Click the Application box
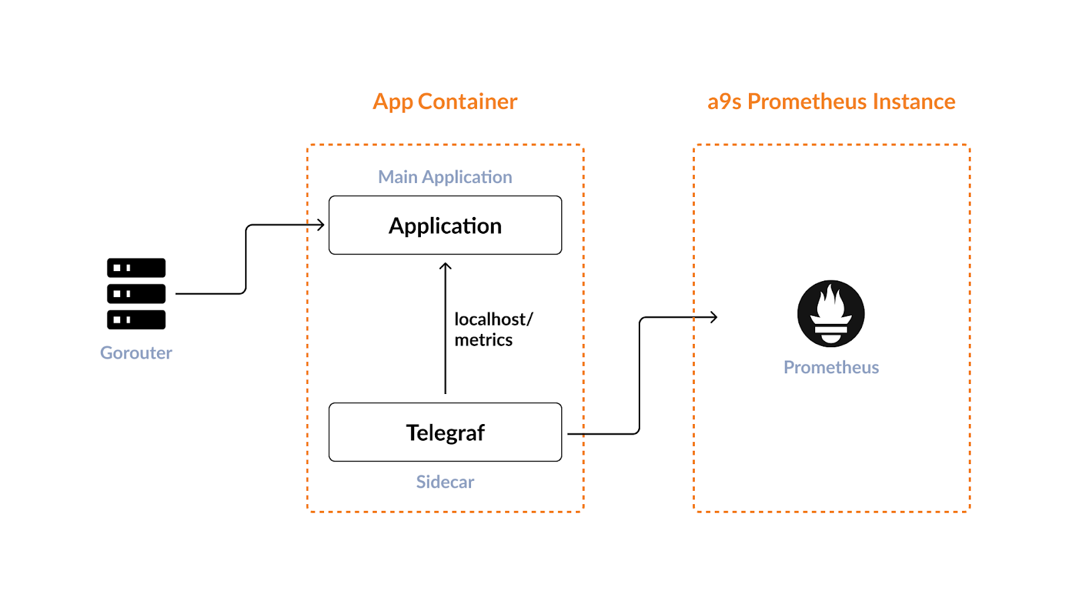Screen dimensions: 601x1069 [445, 225]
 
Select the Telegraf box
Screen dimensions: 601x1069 [445, 432]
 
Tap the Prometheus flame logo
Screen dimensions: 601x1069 [830, 313]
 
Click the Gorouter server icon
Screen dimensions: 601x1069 [136, 294]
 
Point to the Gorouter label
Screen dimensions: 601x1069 [136, 353]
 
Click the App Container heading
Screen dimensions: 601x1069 [445, 102]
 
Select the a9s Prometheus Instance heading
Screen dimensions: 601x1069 [831, 102]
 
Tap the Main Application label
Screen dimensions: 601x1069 [445, 177]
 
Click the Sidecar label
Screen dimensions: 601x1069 [445, 482]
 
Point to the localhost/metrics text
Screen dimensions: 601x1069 [493, 329]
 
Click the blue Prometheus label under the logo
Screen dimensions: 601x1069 [831, 367]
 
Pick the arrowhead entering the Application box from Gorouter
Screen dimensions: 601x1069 [321, 225]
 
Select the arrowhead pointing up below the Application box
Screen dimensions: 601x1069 [446, 266]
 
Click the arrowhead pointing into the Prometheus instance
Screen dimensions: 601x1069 [714, 317]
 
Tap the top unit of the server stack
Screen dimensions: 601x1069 [136, 268]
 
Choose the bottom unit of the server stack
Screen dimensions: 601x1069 [136, 320]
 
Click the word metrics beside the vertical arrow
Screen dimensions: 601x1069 [484, 340]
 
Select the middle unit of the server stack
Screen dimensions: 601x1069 [136, 294]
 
